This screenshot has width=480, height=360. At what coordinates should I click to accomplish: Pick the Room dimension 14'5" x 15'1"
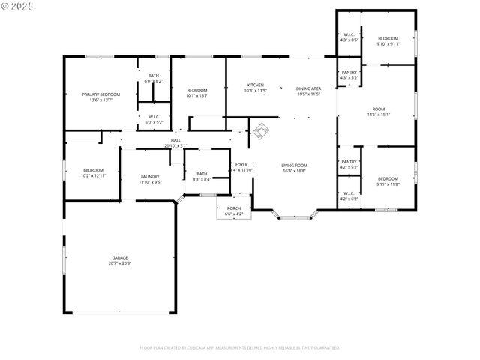pos(378,115)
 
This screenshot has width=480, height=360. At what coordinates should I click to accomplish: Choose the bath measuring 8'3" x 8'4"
pos(202,176)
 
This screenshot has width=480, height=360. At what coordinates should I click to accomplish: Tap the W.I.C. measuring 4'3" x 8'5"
pos(349,37)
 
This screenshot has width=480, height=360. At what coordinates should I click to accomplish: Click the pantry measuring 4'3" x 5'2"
pos(349,75)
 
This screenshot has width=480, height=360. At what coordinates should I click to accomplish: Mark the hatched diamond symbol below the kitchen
pos(259,131)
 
